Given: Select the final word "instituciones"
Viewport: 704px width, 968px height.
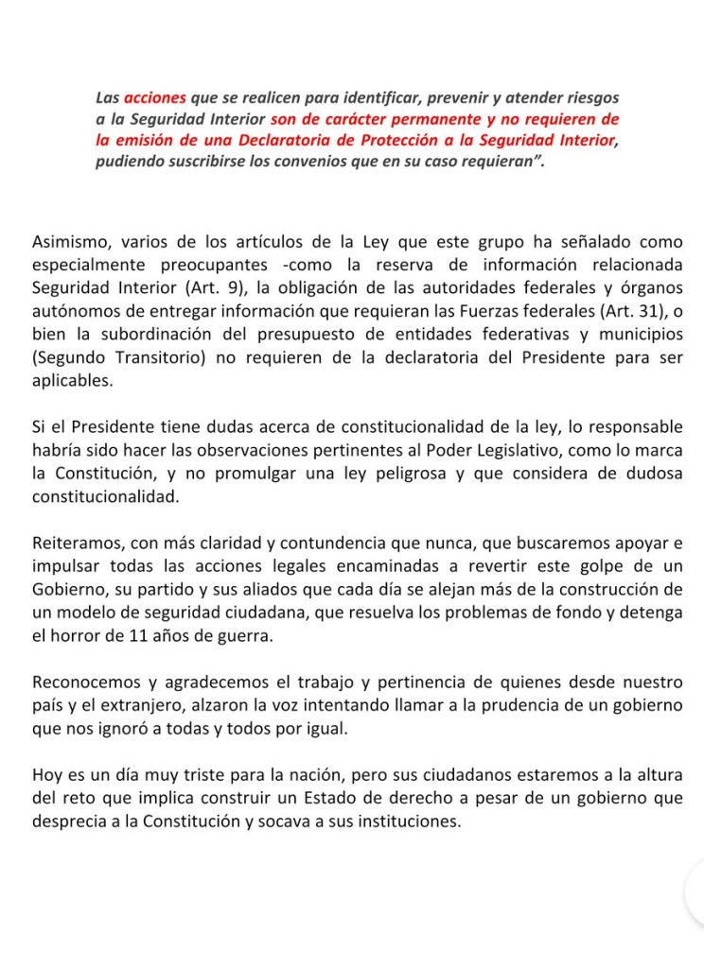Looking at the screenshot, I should click(x=404, y=821).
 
